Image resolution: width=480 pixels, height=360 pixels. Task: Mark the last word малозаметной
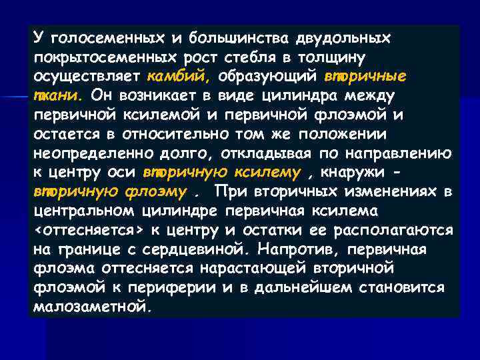click(x=91, y=308)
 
